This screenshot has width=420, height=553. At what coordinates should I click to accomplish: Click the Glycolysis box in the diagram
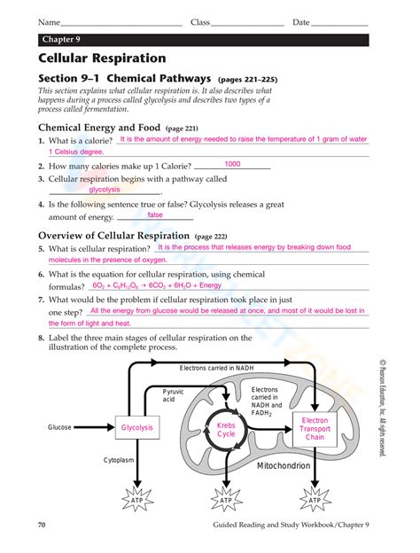(137, 427)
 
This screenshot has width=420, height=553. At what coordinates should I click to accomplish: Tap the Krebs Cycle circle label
(226, 430)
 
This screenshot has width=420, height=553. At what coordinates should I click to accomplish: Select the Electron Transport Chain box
(315, 429)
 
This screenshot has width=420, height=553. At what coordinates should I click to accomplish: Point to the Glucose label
(59, 427)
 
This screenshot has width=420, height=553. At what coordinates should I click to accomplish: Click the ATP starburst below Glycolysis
(137, 500)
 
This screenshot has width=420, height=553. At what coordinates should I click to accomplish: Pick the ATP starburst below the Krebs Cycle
(226, 500)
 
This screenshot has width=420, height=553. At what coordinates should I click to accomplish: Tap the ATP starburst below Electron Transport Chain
(315, 500)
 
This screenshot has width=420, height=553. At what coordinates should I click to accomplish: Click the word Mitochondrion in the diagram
(284, 465)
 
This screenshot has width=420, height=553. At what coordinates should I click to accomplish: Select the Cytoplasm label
(119, 460)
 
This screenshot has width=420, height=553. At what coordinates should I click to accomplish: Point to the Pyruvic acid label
(173, 395)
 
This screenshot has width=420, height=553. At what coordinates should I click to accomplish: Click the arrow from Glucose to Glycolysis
(94, 427)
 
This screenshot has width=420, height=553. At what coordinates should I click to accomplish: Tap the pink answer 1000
(232, 164)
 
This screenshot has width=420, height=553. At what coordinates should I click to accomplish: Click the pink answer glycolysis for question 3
(105, 190)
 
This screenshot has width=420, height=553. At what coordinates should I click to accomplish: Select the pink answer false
(155, 214)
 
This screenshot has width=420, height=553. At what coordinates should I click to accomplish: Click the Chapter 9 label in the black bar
(61, 40)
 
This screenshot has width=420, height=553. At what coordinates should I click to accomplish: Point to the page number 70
(42, 525)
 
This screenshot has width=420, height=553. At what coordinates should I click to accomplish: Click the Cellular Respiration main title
(102, 58)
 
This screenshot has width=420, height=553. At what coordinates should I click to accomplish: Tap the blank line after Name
(121, 26)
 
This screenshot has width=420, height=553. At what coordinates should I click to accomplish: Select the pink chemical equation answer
(157, 285)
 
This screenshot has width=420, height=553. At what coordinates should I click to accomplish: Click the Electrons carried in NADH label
(216, 368)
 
